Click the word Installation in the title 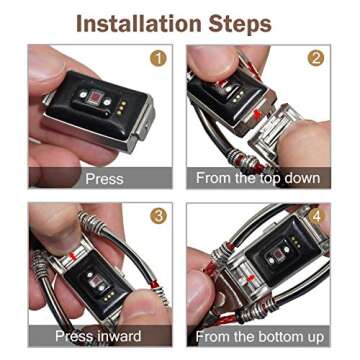coord(139,23)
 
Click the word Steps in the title coord(241,24)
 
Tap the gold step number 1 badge coord(158,59)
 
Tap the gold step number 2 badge coord(315,59)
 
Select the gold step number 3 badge coord(158,216)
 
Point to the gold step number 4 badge coord(316,216)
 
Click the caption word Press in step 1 coord(104,179)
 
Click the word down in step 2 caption coord(302,178)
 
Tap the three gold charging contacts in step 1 coord(122,109)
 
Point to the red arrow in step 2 coord(257,115)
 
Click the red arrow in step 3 coord(72,256)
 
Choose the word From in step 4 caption coord(209,337)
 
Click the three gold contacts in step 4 coord(294,242)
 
